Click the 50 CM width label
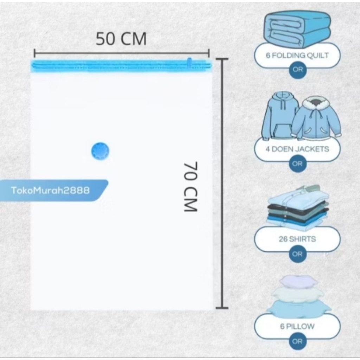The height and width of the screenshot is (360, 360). click(121, 39)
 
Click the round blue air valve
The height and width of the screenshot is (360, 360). click(100, 151)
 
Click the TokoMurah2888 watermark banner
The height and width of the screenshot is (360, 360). click(51, 191)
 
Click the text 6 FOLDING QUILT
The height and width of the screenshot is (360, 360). click(297, 56)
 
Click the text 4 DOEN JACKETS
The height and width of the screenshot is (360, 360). click(297, 149)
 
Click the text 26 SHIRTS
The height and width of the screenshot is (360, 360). click(297, 239)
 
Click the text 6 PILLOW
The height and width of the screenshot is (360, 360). click(297, 326)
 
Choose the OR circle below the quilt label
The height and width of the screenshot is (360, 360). click(297, 70)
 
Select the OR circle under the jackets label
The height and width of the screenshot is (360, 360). click(297, 163)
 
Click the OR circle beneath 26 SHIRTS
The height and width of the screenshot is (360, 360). click(297, 254)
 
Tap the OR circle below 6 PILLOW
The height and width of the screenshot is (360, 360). click(297, 341)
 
